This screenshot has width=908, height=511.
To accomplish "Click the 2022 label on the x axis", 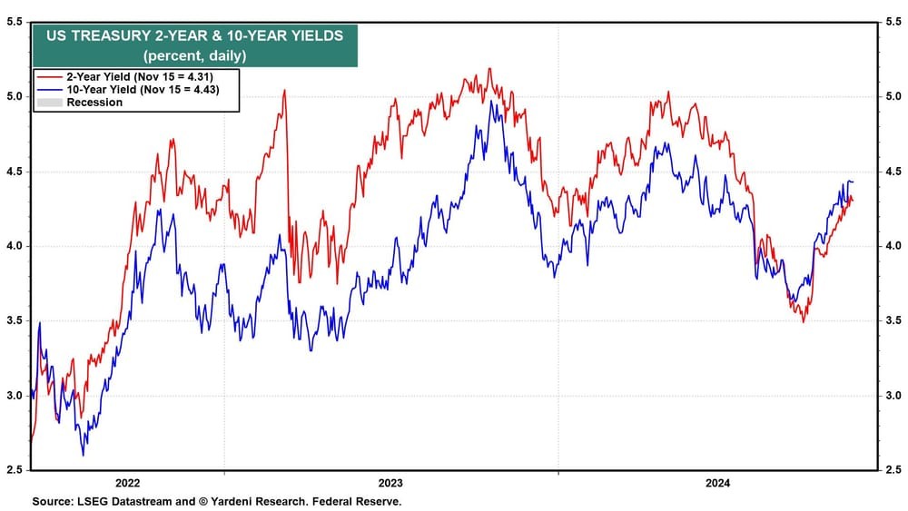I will pos(128,484).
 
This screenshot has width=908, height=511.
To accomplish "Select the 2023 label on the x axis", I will pos(390,484).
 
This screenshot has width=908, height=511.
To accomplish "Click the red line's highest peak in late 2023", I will pos(490,68).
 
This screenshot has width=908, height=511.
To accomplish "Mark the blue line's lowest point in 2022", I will pos(84,455).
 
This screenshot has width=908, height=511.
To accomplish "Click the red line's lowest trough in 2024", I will pos(803,322).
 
